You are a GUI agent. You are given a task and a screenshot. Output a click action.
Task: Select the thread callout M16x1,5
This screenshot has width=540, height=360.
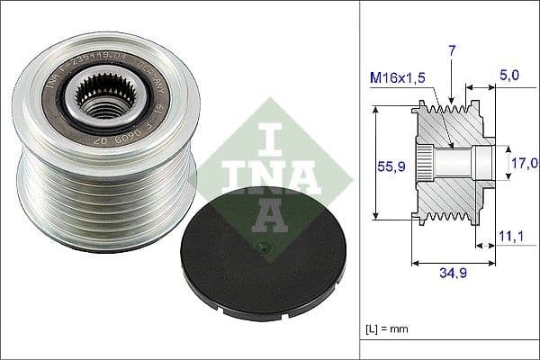click(x=397, y=78)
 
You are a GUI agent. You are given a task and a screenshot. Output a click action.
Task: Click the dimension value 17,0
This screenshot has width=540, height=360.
click(x=525, y=163)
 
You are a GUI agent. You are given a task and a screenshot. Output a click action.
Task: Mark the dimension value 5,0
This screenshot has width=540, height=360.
click(x=508, y=77)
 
